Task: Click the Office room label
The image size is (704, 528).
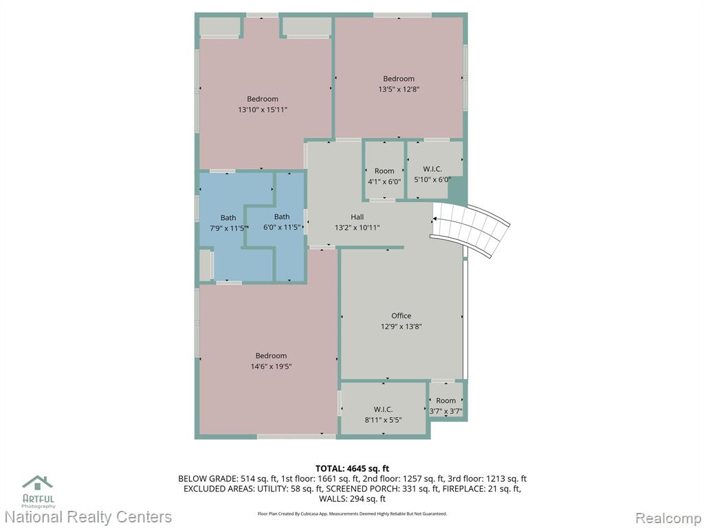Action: [x=401, y=316]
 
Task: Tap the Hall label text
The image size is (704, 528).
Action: [x=357, y=217]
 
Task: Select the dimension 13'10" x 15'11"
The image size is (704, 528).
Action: [x=262, y=109]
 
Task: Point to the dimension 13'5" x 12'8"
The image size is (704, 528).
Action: [x=399, y=89]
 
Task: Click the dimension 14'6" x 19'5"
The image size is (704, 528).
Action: [x=271, y=366]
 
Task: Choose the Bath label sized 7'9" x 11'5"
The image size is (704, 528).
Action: [x=228, y=218]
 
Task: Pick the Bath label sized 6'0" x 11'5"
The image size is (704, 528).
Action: [x=282, y=217]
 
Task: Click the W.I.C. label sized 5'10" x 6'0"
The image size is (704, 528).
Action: [x=432, y=169]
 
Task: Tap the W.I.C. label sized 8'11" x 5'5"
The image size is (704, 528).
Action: [x=383, y=410]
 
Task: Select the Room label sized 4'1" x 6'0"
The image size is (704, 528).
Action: [x=384, y=171]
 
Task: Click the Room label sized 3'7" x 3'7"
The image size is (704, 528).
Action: [x=445, y=401]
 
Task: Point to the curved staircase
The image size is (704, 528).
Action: [x=470, y=229]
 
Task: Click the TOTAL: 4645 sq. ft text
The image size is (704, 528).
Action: [x=353, y=469]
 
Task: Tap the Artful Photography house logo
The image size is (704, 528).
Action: [x=38, y=483]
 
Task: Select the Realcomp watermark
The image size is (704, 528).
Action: [x=668, y=518]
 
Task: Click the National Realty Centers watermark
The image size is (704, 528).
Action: [x=88, y=517]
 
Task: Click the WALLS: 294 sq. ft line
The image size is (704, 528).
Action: [x=353, y=499]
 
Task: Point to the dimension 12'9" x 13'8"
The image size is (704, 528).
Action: [x=401, y=327]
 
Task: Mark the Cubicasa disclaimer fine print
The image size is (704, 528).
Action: [x=352, y=514]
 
